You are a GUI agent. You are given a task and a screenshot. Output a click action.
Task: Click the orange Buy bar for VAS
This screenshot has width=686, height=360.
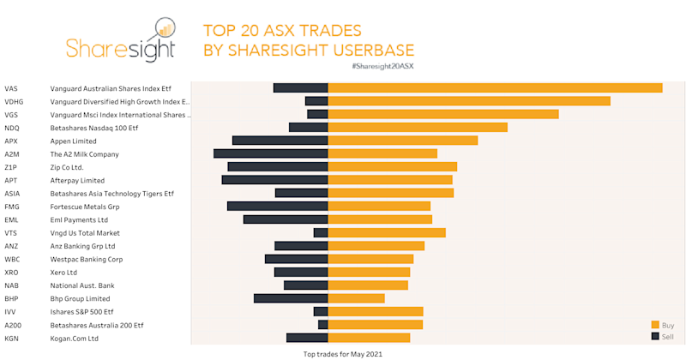pos(495,87)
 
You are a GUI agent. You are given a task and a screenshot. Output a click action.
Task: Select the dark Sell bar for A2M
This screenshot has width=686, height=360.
pos(271,153)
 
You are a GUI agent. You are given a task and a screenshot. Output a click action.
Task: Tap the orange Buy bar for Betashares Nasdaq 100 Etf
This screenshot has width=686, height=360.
pos(418,127)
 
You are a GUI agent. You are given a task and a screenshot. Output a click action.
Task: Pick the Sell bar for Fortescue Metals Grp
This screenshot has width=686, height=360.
pos(278,206)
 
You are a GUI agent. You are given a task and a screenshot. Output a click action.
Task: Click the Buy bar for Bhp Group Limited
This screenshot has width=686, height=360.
pos(356,298)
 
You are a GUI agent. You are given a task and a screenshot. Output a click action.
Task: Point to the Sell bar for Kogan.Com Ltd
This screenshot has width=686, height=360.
pos(307,338)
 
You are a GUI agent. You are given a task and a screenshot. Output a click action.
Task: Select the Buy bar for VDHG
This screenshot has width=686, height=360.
pos(469,101)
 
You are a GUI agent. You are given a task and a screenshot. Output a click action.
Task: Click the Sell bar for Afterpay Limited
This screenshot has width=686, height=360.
pos(275,180)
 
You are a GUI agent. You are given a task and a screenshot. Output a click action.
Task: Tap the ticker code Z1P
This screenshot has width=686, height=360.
pos(10,167)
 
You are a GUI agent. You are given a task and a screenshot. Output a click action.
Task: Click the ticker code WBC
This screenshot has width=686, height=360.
pos(12,259)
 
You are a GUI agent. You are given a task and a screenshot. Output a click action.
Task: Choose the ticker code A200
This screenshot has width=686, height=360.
pos(13,325)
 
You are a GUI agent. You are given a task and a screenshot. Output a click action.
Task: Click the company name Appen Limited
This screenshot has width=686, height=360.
pos(73,141)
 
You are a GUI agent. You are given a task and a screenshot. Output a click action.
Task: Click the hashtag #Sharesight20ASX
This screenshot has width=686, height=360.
pos(376,66)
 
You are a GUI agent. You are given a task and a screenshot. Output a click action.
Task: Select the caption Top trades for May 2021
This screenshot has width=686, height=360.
pos(343,353)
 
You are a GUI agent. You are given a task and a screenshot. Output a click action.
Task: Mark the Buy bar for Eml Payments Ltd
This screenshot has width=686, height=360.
pos(380,219)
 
